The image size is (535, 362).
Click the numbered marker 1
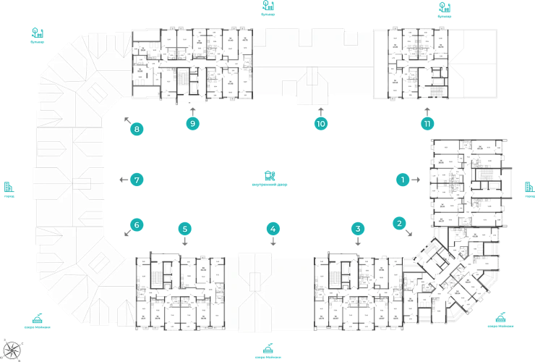point(404,178)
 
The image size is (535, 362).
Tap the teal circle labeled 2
point(398,224)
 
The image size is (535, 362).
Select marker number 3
point(357,229)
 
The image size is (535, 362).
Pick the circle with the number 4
point(273,229)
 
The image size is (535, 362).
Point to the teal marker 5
point(185,229)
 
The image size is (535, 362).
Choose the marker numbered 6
point(136,225)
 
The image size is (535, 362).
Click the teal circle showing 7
point(136,179)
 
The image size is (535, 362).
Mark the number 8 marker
point(136,130)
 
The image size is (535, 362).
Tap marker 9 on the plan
point(192,123)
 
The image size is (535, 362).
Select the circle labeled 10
point(322,123)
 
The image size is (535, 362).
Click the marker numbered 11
point(428,123)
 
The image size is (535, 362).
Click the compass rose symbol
point(13,348)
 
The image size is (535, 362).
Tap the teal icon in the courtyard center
point(269,176)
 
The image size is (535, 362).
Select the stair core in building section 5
point(161,274)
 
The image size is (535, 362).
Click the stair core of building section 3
point(341,274)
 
